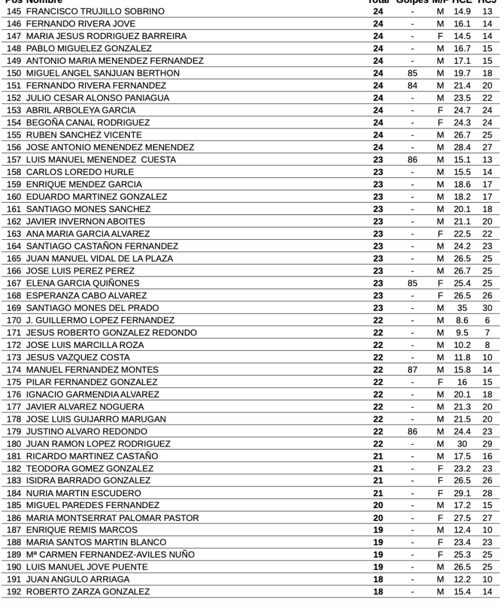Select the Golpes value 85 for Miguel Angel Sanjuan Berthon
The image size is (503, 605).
(x=413, y=73)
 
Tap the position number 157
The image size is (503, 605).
(x=14, y=160)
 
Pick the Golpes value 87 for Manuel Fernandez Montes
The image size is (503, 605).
(x=413, y=370)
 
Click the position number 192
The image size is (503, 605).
(x=14, y=592)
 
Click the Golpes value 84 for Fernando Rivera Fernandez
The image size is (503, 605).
(x=413, y=85)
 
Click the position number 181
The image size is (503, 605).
(x=14, y=456)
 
